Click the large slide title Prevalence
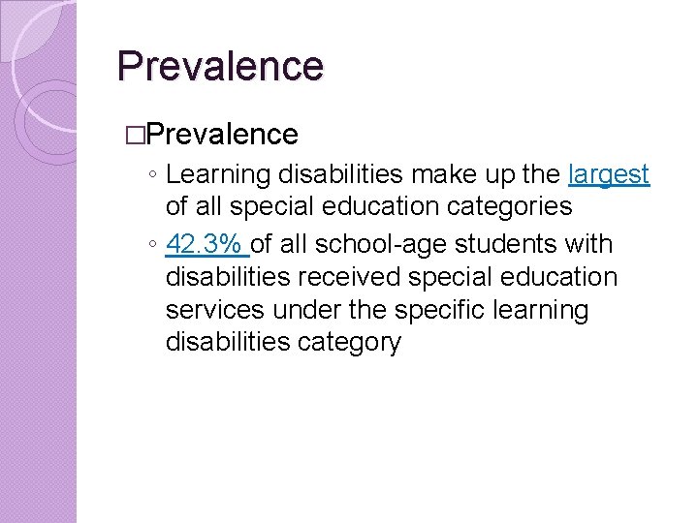click(220, 66)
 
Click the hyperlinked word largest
click(609, 174)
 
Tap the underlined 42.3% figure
click(206, 245)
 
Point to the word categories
click(509, 206)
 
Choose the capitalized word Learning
click(218, 174)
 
